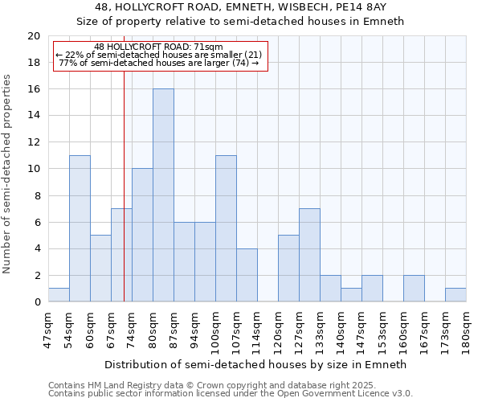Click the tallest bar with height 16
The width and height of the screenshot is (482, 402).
pos(163,195)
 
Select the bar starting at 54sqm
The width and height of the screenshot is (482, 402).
pos(80,228)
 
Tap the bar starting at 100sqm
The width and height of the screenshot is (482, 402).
pos(226,228)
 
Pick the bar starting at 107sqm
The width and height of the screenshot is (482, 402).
pos(247,275)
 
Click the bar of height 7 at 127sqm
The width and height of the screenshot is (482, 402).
pos(309,255)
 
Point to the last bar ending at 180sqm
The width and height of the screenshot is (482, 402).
pos(455,295)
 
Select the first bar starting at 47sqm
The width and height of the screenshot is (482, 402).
pos(59,295)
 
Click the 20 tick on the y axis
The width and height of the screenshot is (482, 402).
pos(33,36)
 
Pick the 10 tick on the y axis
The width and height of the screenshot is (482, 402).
pos(33,169)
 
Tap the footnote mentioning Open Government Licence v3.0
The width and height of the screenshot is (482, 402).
pos(231,394)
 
